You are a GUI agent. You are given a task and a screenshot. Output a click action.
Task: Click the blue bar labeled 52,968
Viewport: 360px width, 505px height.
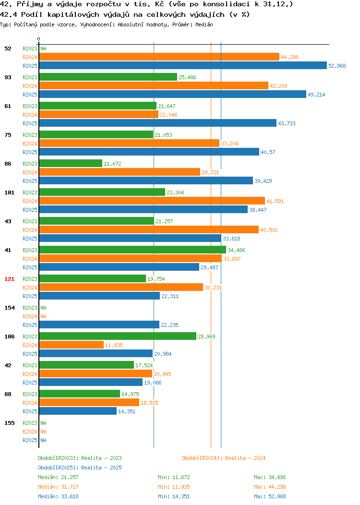tap(183, 65)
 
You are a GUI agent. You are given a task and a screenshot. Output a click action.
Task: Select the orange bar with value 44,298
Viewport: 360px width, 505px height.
tap(159, 57)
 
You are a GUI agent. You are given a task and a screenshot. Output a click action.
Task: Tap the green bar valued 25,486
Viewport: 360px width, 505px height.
tap(108, 77)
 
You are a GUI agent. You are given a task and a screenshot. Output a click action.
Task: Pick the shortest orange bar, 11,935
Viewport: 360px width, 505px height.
tap(72, 345)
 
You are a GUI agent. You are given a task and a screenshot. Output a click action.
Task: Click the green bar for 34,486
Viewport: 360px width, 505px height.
tap(132, 250)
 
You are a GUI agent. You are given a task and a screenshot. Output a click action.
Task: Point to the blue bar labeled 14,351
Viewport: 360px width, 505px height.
tap(78, 411)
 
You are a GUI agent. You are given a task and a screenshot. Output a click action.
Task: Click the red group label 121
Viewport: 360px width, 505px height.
tap(9, 279)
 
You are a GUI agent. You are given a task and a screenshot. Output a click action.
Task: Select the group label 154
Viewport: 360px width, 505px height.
tap(9, 308)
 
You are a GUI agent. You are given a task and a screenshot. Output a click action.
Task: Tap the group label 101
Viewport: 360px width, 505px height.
tap(9, 192)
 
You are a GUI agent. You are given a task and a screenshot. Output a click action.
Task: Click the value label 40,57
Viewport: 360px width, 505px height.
tap(268, 152)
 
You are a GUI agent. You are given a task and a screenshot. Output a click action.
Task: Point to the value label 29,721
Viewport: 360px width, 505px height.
tap(210, 172)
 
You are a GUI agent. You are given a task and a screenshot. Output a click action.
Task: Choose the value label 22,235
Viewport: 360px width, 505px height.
tap(170, 325)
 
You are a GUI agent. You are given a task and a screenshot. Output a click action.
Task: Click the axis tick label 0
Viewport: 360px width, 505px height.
tap(39, 39)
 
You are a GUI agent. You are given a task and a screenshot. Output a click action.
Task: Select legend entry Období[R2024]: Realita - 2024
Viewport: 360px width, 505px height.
tap(224, 458)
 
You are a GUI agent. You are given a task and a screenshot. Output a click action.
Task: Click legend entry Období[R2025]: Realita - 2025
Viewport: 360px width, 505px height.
tap(80, 468)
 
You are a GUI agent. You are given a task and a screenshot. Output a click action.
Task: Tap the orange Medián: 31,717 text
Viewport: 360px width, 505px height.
tap(58, 487)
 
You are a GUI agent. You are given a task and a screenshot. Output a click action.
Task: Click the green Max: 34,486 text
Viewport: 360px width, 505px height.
tap(270, 477)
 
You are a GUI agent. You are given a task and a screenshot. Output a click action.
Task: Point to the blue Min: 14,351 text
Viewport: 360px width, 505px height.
tap(174, 496)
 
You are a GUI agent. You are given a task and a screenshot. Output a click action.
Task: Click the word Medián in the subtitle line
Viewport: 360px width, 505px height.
tap(204, 24)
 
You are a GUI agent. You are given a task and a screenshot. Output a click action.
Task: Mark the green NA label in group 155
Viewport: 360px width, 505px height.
tap(44, 423)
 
